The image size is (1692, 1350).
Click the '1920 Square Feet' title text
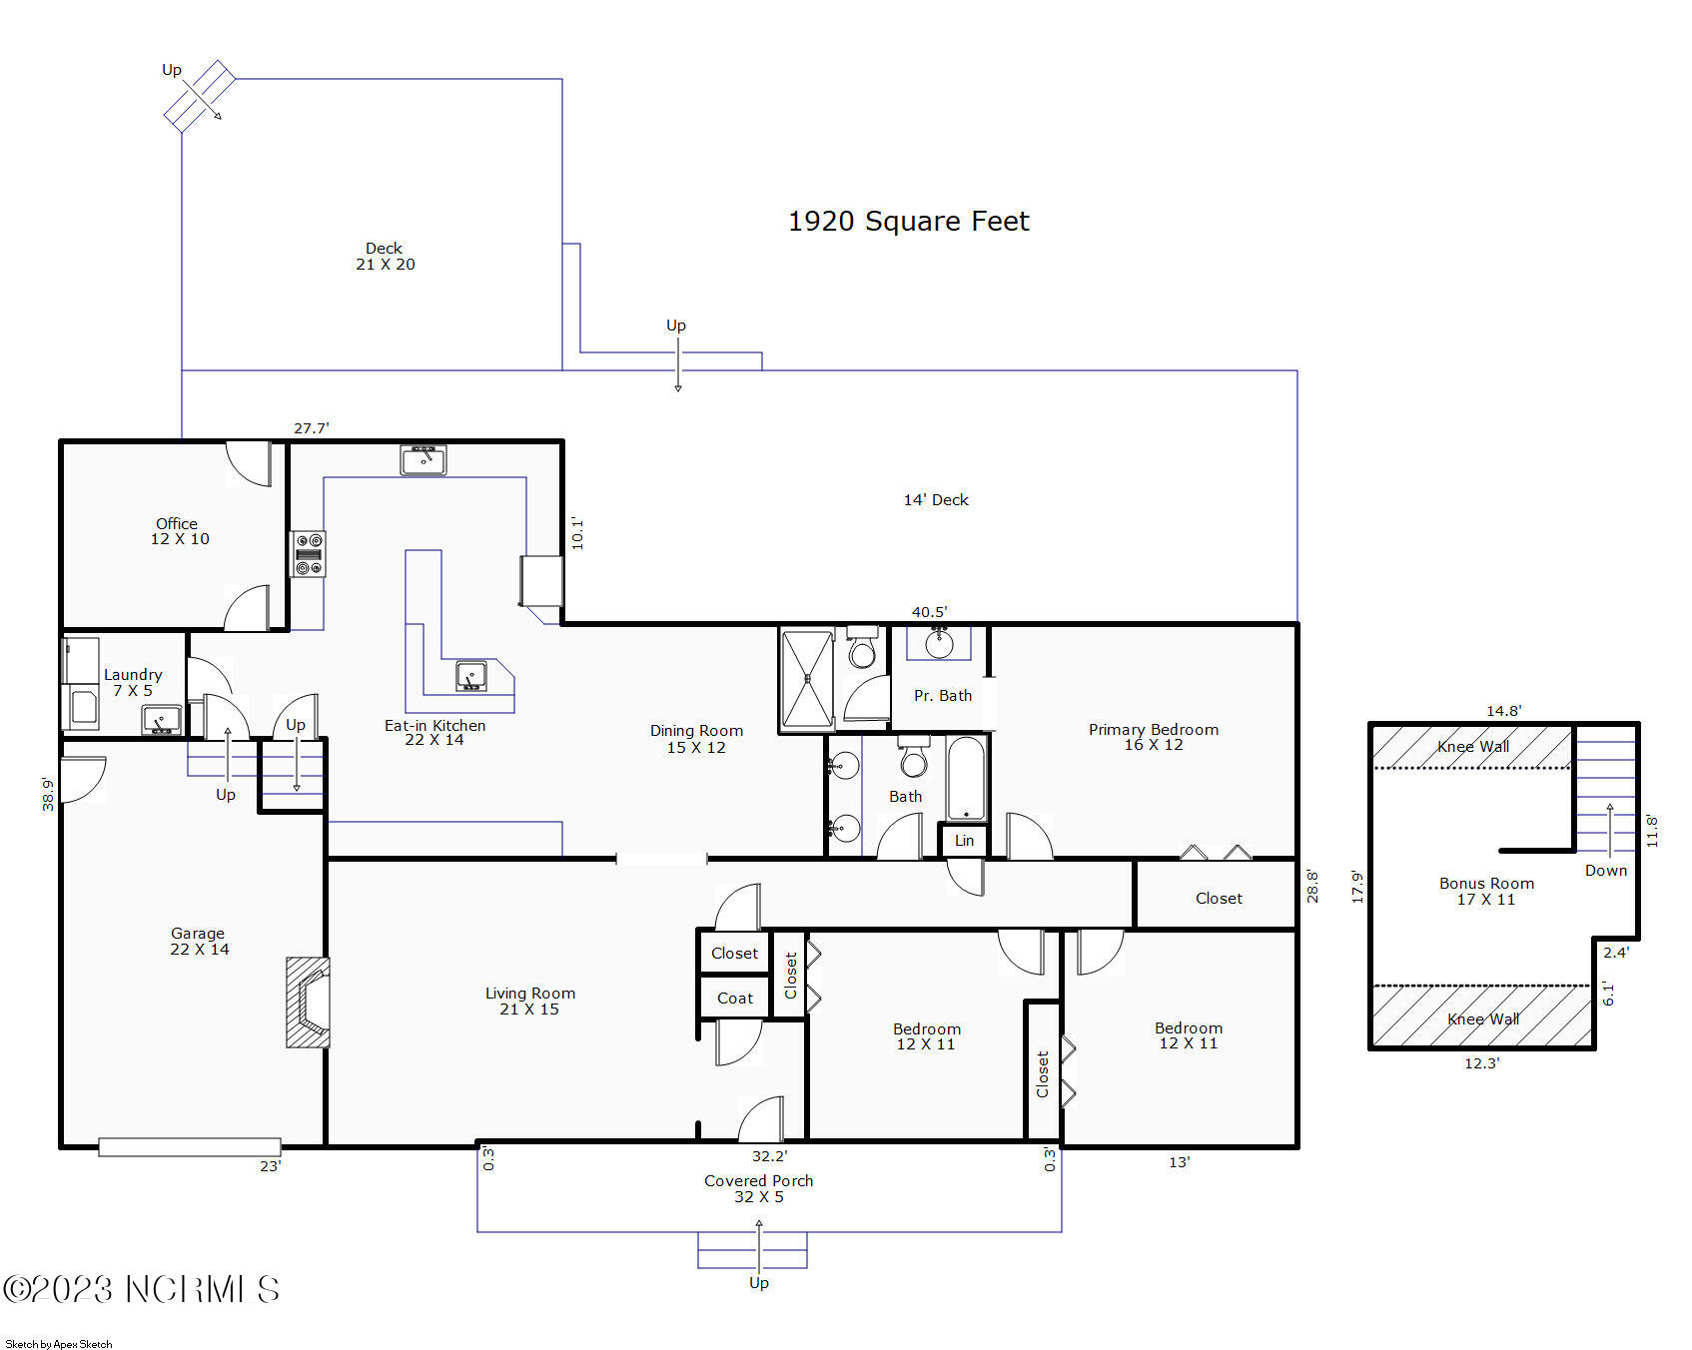point(908,221)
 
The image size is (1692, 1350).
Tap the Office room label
point(179,531)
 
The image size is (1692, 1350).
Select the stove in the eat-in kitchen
point(308,554)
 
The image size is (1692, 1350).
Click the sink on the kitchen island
point(471,676)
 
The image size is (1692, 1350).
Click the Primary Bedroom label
point(1153,737)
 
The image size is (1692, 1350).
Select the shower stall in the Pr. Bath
point(806,678)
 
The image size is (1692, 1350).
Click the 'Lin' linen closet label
point(964,841)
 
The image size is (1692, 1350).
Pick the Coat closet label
point(734,998)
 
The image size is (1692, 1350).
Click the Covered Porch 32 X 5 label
point(758,1188)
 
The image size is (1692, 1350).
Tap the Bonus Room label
point(1486,891)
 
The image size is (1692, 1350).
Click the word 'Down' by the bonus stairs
point(1605,871)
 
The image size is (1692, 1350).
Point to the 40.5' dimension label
point(928,612)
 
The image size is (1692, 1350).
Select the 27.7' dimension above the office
point(311,428)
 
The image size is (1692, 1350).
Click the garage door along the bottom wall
point(189,1147)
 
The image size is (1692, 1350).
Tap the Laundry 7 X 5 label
point(132,682)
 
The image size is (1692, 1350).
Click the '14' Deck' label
point(935,499)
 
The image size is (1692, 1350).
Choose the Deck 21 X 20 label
point(385,256)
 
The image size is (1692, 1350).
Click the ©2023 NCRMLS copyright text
point(141,1289)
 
